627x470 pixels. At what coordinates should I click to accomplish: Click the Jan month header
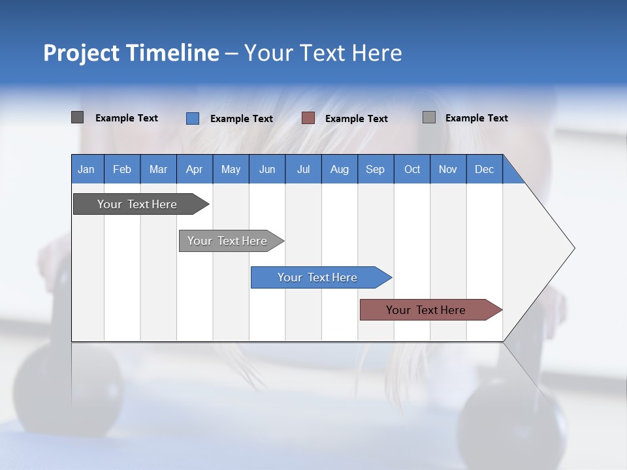pyautogui.click(x=86, y=170)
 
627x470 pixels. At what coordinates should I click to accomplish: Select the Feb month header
pyautogui.click(x=122, y=170)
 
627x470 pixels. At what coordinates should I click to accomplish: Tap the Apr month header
pyautogui.click(x=194, y=170)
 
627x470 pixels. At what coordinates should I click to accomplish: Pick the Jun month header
pyautogui.click(x=266, y=170)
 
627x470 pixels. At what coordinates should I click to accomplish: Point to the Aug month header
pyautogui.click(x=339, y=170)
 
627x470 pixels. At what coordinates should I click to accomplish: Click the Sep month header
pyautogui.click(x=375, y=170)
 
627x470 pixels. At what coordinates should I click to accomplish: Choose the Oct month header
pyautogui.click(x=412, y=170)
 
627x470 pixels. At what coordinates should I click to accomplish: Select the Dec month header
pyautogui.click(x=484, y=170)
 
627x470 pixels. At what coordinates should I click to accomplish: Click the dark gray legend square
pyautogui.click(x=77, y=117)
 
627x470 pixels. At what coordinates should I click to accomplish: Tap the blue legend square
pyautogui.click(x=192, y=118)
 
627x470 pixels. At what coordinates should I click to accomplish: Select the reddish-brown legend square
pyautogui.click(x=308, y=118)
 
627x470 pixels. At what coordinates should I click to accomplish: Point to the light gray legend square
pyautogui.click(x=428, y=117)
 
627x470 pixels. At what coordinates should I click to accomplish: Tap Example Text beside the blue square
pyautogui.click(x=241, y=119)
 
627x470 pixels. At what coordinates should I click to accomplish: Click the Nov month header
pyautogui.click(x=447, y=170)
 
